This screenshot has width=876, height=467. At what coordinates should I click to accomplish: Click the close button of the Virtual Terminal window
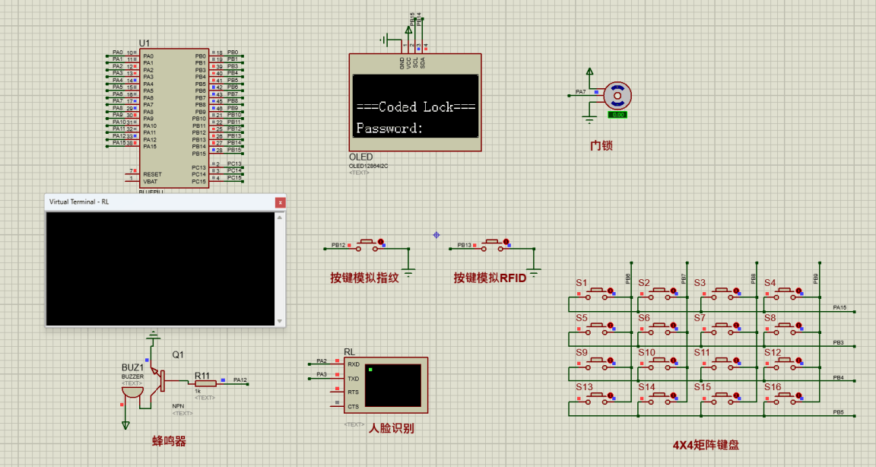[x=281, y=202]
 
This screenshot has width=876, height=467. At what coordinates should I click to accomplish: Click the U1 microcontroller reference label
[x=144, y=42]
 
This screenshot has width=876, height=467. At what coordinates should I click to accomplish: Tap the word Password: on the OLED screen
[x=389, y=129]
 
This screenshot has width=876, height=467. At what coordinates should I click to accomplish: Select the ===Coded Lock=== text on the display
[x=415, y=107]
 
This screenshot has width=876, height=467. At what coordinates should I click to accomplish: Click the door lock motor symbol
[x=617, y=95]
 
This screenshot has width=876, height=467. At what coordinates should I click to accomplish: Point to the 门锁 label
[x=601, y=145]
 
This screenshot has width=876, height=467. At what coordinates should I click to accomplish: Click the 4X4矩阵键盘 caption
[x=706, y=445]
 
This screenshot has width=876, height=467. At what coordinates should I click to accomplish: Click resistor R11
[x=205, y=384]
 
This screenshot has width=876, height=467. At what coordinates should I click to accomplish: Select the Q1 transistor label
[x=178, y=354]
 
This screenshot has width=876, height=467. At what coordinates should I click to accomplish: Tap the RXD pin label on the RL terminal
[x=353, y=364]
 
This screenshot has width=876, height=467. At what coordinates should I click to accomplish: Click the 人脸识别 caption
[x=391, y=428]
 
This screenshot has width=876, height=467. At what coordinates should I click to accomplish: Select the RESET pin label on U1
[x=152, y=174]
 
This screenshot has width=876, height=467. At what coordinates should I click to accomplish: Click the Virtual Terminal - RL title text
[x=79, y=202]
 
